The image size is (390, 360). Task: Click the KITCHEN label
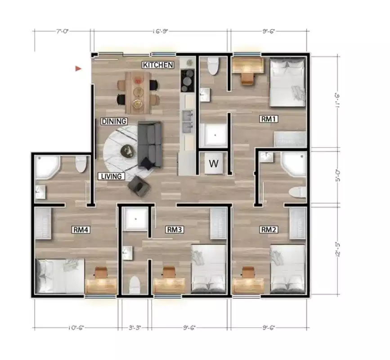(x=158, y=65)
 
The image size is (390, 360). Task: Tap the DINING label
(x=114, y=121)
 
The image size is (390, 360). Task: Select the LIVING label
(x=111, y=176)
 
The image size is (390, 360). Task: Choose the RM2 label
(x=269, y=229)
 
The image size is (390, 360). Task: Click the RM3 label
(x=174, y=229)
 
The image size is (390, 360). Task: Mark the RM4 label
(x=81, y=229)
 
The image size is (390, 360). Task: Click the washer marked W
(x=214, y=163)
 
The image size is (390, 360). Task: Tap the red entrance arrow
(x=78, y=68)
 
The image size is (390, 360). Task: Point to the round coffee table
(x=128, y=151)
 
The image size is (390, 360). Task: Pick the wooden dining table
(x=138, y=92)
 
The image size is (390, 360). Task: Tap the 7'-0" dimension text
(x=63, y=32)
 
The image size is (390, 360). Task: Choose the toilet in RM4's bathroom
(x=81, y=164)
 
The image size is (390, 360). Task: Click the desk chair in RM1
(x=247, y=78)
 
